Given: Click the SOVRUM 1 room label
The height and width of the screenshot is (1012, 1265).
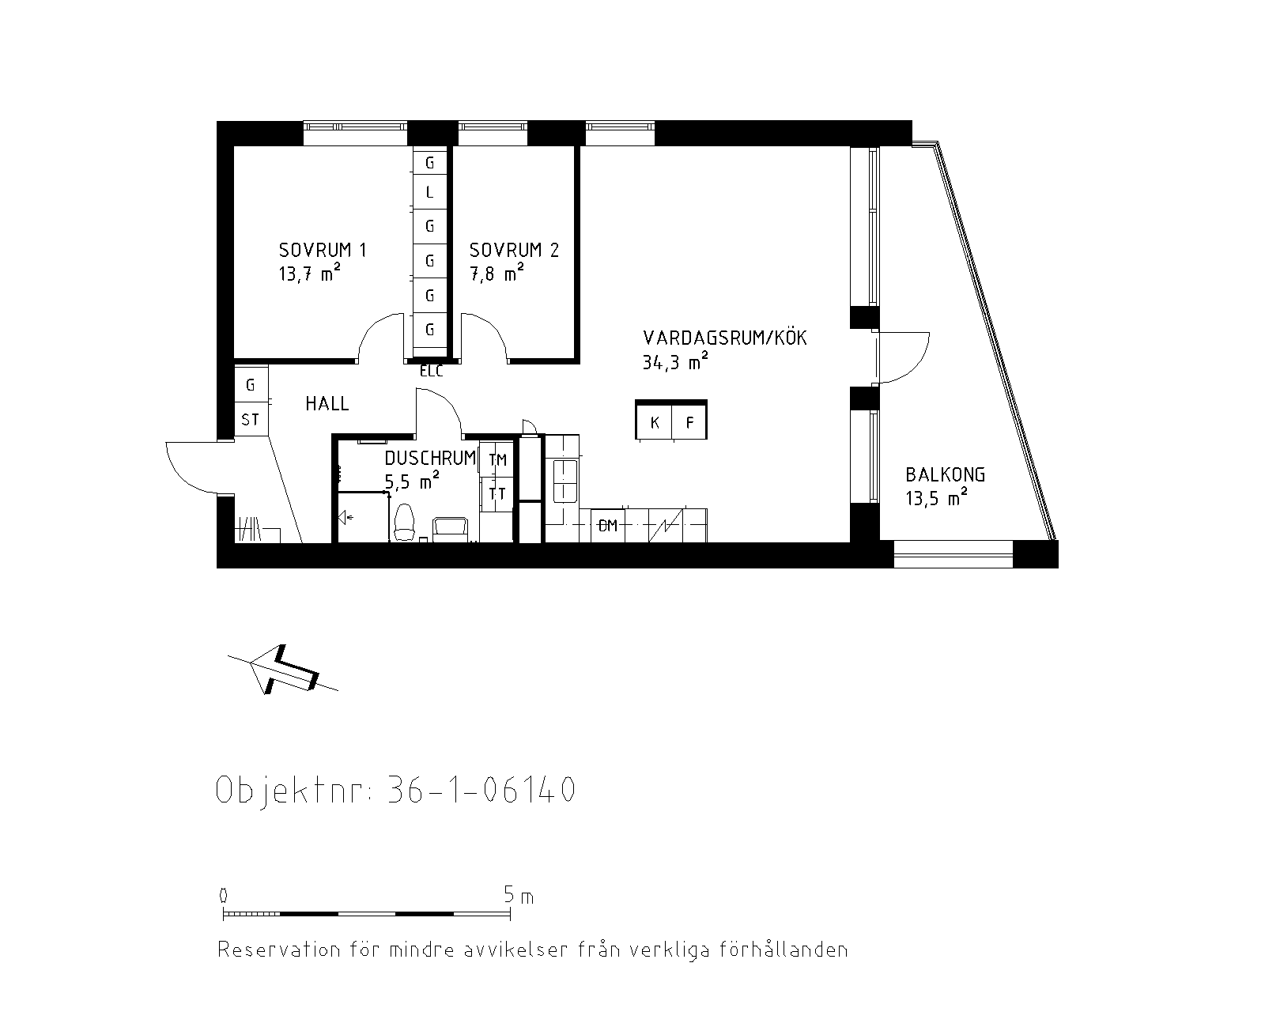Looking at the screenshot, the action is [x=323, y=251].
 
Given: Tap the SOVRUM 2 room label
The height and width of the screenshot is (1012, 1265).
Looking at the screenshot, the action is [x=514, y=251].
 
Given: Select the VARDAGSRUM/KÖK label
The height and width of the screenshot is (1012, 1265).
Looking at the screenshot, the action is [x=725, y=338].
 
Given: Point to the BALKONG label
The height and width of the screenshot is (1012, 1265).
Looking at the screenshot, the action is [x=946, y=474].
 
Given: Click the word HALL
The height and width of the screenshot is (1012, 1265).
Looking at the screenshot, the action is [x=327, y=403].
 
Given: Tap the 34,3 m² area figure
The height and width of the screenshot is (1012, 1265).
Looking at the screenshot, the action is [x=675, y=361].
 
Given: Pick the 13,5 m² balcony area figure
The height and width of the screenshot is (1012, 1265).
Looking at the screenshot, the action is [x=936, y=497].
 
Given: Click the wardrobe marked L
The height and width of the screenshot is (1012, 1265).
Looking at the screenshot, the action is [x=429, y=191].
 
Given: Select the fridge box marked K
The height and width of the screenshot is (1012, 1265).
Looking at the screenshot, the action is [x=654, y=421].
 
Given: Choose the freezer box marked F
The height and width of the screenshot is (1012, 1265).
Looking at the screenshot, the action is [x=689, y=421].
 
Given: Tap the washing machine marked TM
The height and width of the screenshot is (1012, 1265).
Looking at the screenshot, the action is [x=497, y=459].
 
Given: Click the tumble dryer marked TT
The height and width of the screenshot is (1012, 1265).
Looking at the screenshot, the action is [x=497, y=494].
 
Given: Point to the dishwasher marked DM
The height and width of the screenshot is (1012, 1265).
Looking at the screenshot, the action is [x=608, y=525].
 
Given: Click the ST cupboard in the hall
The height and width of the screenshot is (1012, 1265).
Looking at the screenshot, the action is [x=251, y=419].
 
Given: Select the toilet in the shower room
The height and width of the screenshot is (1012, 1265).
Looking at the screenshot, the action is [x=405, y=522].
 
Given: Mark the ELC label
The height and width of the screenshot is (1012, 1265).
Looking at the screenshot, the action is [x=431, y=372].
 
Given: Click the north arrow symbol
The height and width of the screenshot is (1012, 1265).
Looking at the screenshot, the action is [x=283, y=670].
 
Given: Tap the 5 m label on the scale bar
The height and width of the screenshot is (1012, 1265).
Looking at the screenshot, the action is [x=519, y=896].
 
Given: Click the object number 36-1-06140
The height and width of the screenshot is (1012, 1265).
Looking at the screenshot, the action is [x=481, y=789].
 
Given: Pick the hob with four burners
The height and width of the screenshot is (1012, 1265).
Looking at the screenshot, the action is [x=565, y=481].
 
